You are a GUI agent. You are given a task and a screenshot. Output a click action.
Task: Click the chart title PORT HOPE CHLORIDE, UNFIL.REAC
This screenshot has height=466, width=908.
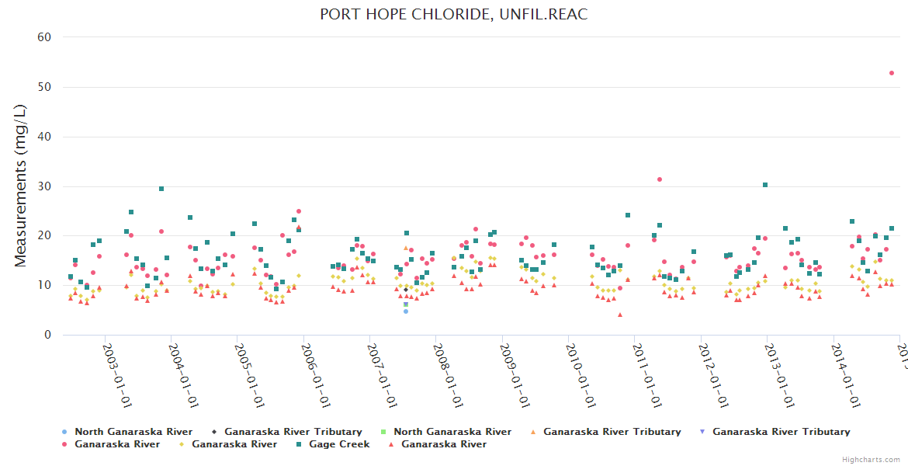[454, 15]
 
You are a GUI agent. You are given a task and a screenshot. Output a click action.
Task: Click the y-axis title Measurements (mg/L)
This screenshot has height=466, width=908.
[21, 186]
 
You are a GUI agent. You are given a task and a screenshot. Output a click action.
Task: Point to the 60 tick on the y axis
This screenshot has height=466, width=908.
[45, 37]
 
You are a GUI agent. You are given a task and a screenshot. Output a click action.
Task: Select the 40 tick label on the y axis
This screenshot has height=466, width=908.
[45, 137]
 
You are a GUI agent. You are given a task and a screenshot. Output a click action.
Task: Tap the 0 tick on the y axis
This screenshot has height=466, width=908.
[48, 335]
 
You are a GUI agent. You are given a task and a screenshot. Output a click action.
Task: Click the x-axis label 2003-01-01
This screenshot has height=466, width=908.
[116, 375]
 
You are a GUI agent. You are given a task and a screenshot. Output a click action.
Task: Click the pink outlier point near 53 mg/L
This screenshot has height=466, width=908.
[892, 73]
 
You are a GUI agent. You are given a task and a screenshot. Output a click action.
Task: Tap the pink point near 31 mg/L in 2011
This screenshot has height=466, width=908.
[660, 179]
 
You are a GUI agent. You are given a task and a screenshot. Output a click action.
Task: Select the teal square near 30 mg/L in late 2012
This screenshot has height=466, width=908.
[765, 185]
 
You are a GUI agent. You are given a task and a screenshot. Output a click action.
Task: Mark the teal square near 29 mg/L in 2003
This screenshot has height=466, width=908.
[161, 189]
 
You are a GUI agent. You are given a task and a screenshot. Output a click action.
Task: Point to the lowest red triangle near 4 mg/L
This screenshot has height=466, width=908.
[620, 315]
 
